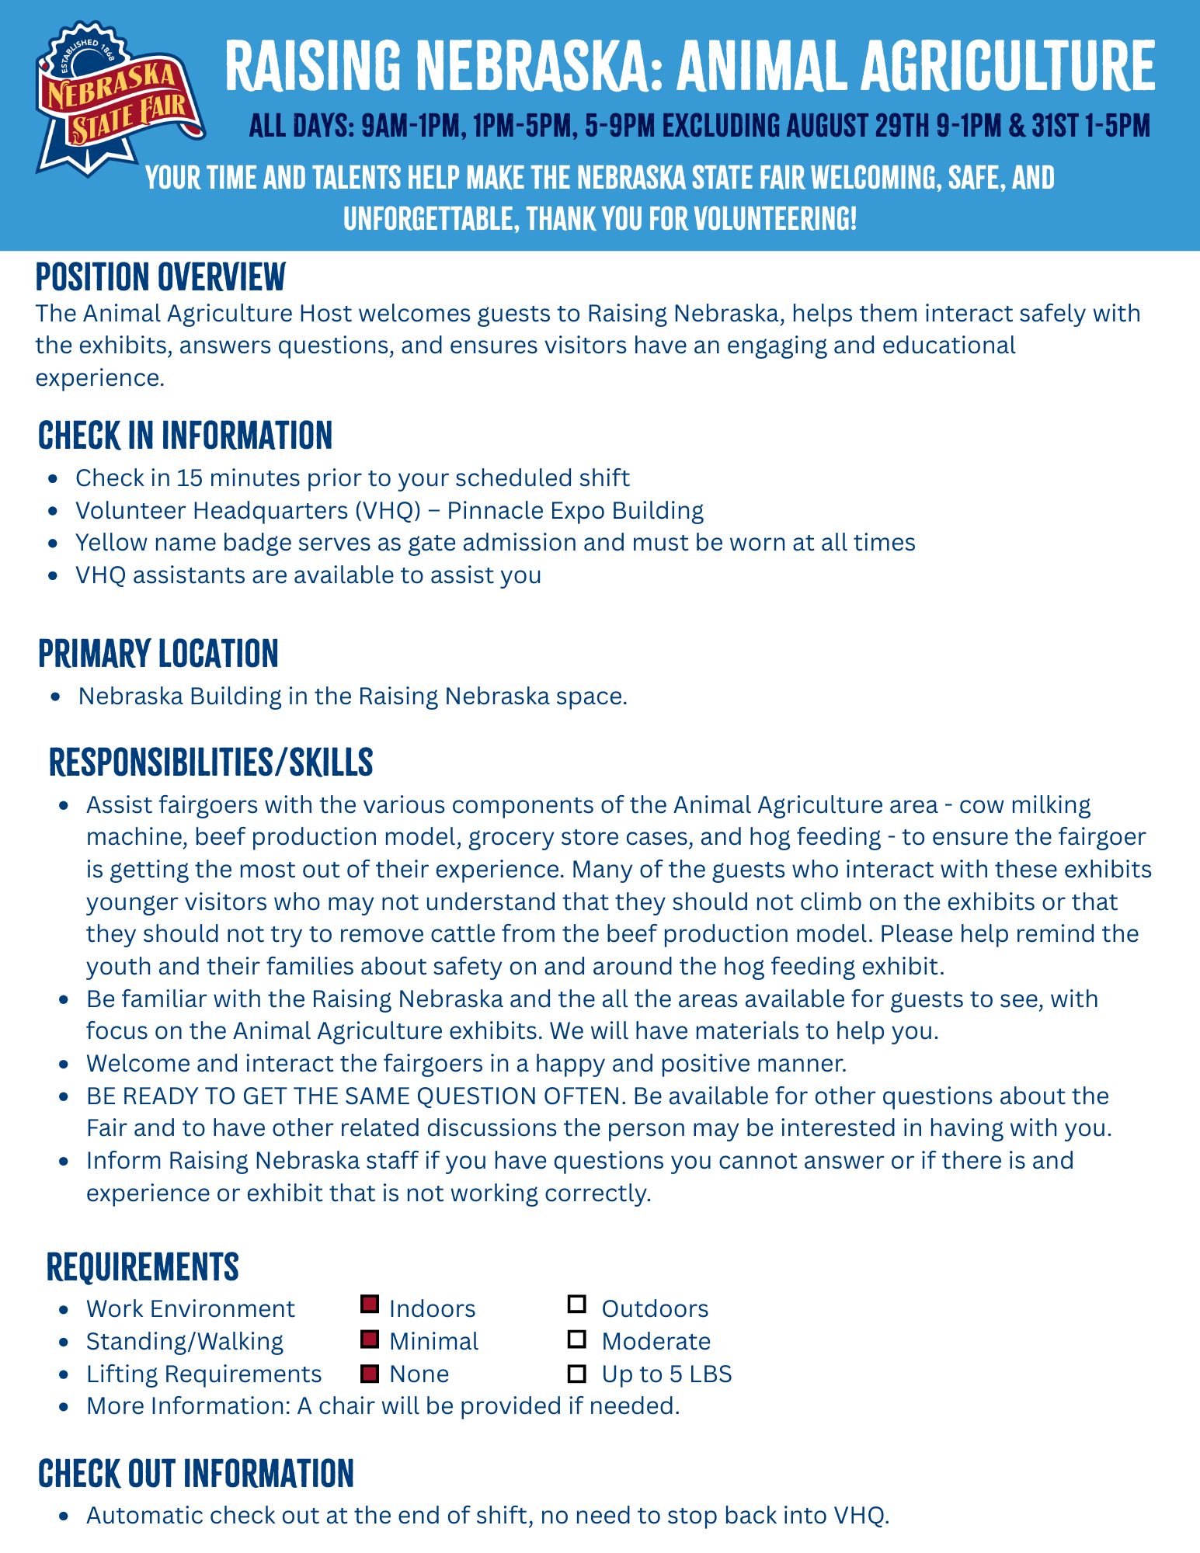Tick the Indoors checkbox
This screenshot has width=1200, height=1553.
click(370, 1305)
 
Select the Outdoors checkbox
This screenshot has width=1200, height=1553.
click(576, 1305)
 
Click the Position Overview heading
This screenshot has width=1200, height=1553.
click(161, 277)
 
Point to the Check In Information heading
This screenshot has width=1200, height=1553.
click(185, 436)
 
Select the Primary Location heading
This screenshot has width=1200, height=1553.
click(158, 654)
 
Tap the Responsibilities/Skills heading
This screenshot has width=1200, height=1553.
click(210, 763)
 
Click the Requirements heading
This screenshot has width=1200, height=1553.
click(143, 1266)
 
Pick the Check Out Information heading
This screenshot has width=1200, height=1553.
click(196, 1473)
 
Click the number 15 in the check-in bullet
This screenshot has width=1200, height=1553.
click(189, 478)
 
